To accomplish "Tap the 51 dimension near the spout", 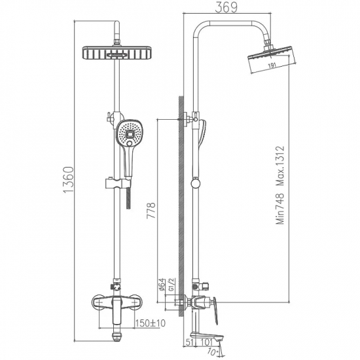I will point(189,341).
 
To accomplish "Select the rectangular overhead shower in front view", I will point(117,54).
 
